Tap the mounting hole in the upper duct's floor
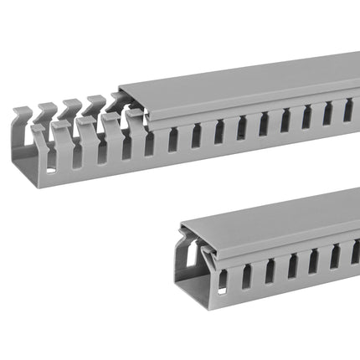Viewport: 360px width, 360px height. (x=51, y=170)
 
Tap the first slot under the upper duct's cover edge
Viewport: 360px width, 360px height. (x=151, y=142)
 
